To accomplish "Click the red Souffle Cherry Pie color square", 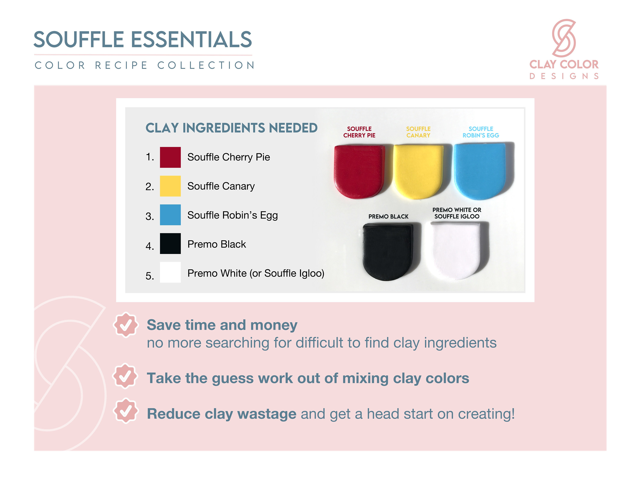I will click(170, 157).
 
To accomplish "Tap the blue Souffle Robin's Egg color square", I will click(170, 215).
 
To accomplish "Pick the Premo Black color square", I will click(170, 243).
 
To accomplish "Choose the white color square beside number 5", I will click(170, 272).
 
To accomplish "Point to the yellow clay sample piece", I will click(418, 171).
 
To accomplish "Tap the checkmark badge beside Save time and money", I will click(125, 325).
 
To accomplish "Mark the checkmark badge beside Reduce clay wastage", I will click(125, 411).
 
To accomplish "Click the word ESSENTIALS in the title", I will click(191, 40).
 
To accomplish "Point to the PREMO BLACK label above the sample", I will click(388, 216).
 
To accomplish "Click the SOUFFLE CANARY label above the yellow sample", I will click(418, 132).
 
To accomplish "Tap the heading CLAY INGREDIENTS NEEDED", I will click(231, 128).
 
